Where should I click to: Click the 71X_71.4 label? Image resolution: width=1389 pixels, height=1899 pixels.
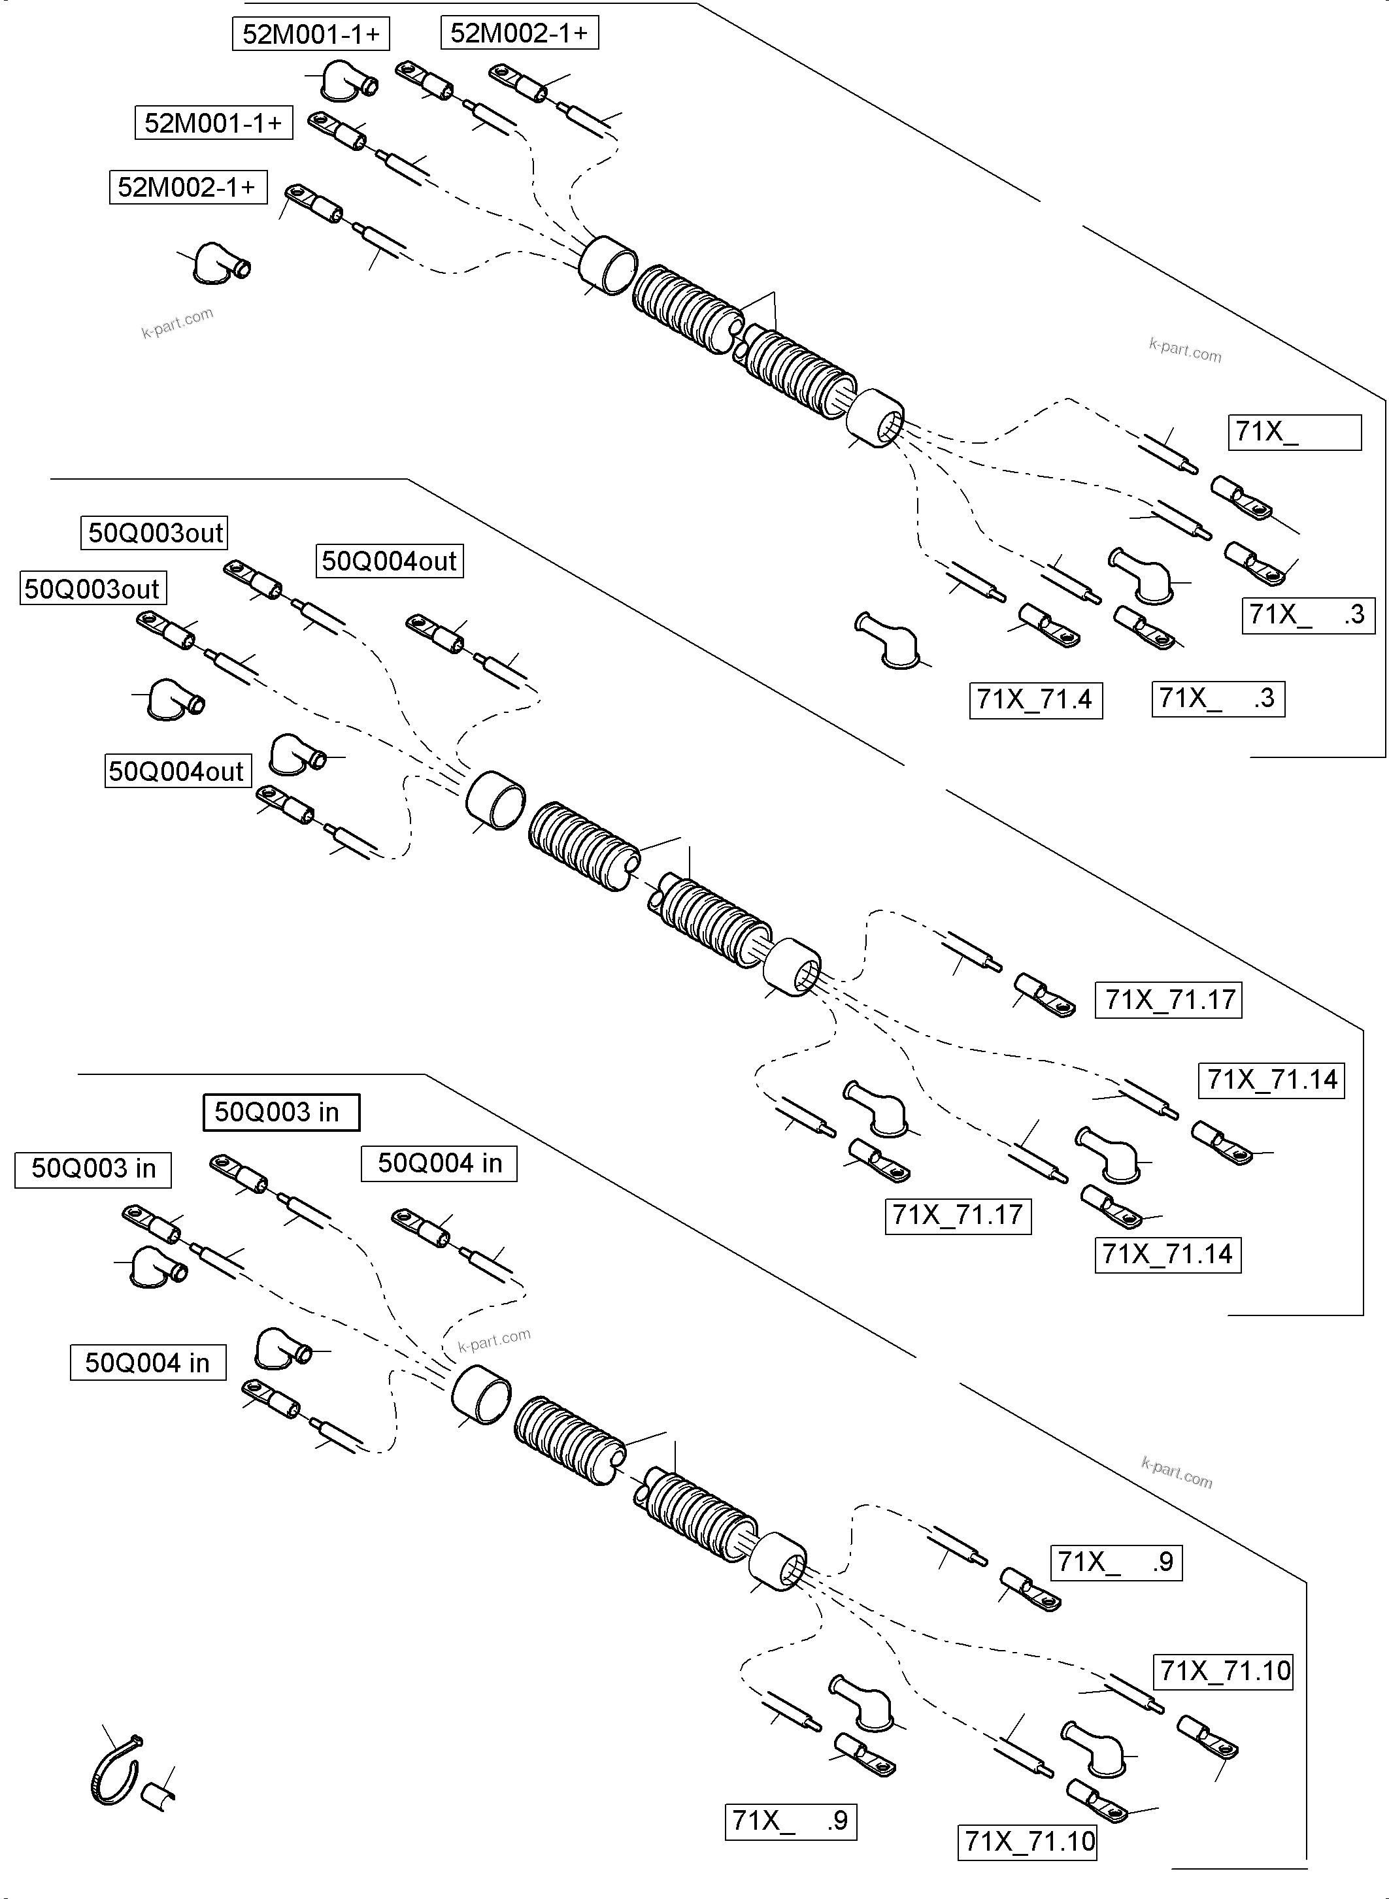(x=1035, y=699)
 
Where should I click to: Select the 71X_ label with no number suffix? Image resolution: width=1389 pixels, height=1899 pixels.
(x=1294, y=432)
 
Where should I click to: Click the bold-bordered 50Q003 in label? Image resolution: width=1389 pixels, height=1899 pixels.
(x=281, y=1112)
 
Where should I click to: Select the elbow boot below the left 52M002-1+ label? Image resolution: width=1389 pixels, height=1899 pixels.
(x=220, y=263)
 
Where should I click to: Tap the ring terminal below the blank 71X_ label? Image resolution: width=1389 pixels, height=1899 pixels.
(x=1240, y=497)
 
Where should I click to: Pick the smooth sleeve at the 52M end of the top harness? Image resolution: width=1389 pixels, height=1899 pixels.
(x=608, y=265)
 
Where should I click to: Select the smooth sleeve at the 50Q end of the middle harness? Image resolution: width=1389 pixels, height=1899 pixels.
(x=495, y=799)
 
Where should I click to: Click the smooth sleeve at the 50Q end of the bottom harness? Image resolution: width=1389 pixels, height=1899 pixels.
(x=481, y=1395)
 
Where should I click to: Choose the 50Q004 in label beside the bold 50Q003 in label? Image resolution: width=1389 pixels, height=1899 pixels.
(x=439, y=1163)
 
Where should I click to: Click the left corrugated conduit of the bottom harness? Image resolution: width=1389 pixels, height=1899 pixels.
(x=569, y=1442)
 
